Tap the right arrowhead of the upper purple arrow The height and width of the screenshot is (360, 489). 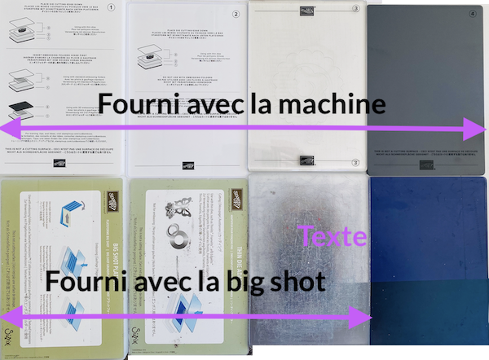coord(477,129)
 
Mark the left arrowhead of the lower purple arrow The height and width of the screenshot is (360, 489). coord(8,318)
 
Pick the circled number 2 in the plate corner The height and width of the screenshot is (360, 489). coord(235,14)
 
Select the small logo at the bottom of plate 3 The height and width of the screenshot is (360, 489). coord(309,160)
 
